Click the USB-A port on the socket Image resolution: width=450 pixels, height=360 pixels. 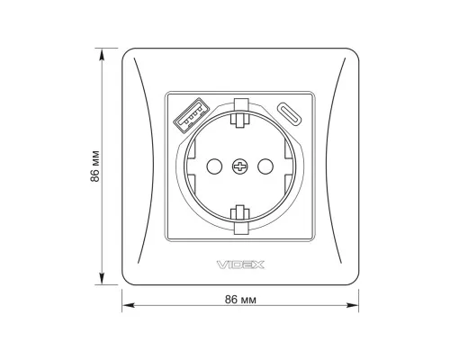(x=191, y=115)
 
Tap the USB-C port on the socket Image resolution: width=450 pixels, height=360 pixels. (x=289, y=114)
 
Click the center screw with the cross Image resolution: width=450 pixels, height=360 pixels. (x=240, y=166)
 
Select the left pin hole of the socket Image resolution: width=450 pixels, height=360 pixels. (x=214, y=166)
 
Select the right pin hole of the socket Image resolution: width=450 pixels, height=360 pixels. (x=265, y=166)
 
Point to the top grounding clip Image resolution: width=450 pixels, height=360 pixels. (x=240, y=113)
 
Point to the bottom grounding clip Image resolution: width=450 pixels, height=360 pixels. (x=240, y=220)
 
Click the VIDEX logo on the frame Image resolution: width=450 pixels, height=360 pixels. (x=240, y=265)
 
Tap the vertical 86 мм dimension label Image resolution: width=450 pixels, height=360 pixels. (x=94, y=166)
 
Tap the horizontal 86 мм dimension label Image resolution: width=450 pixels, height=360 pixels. (x=240, y=300)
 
